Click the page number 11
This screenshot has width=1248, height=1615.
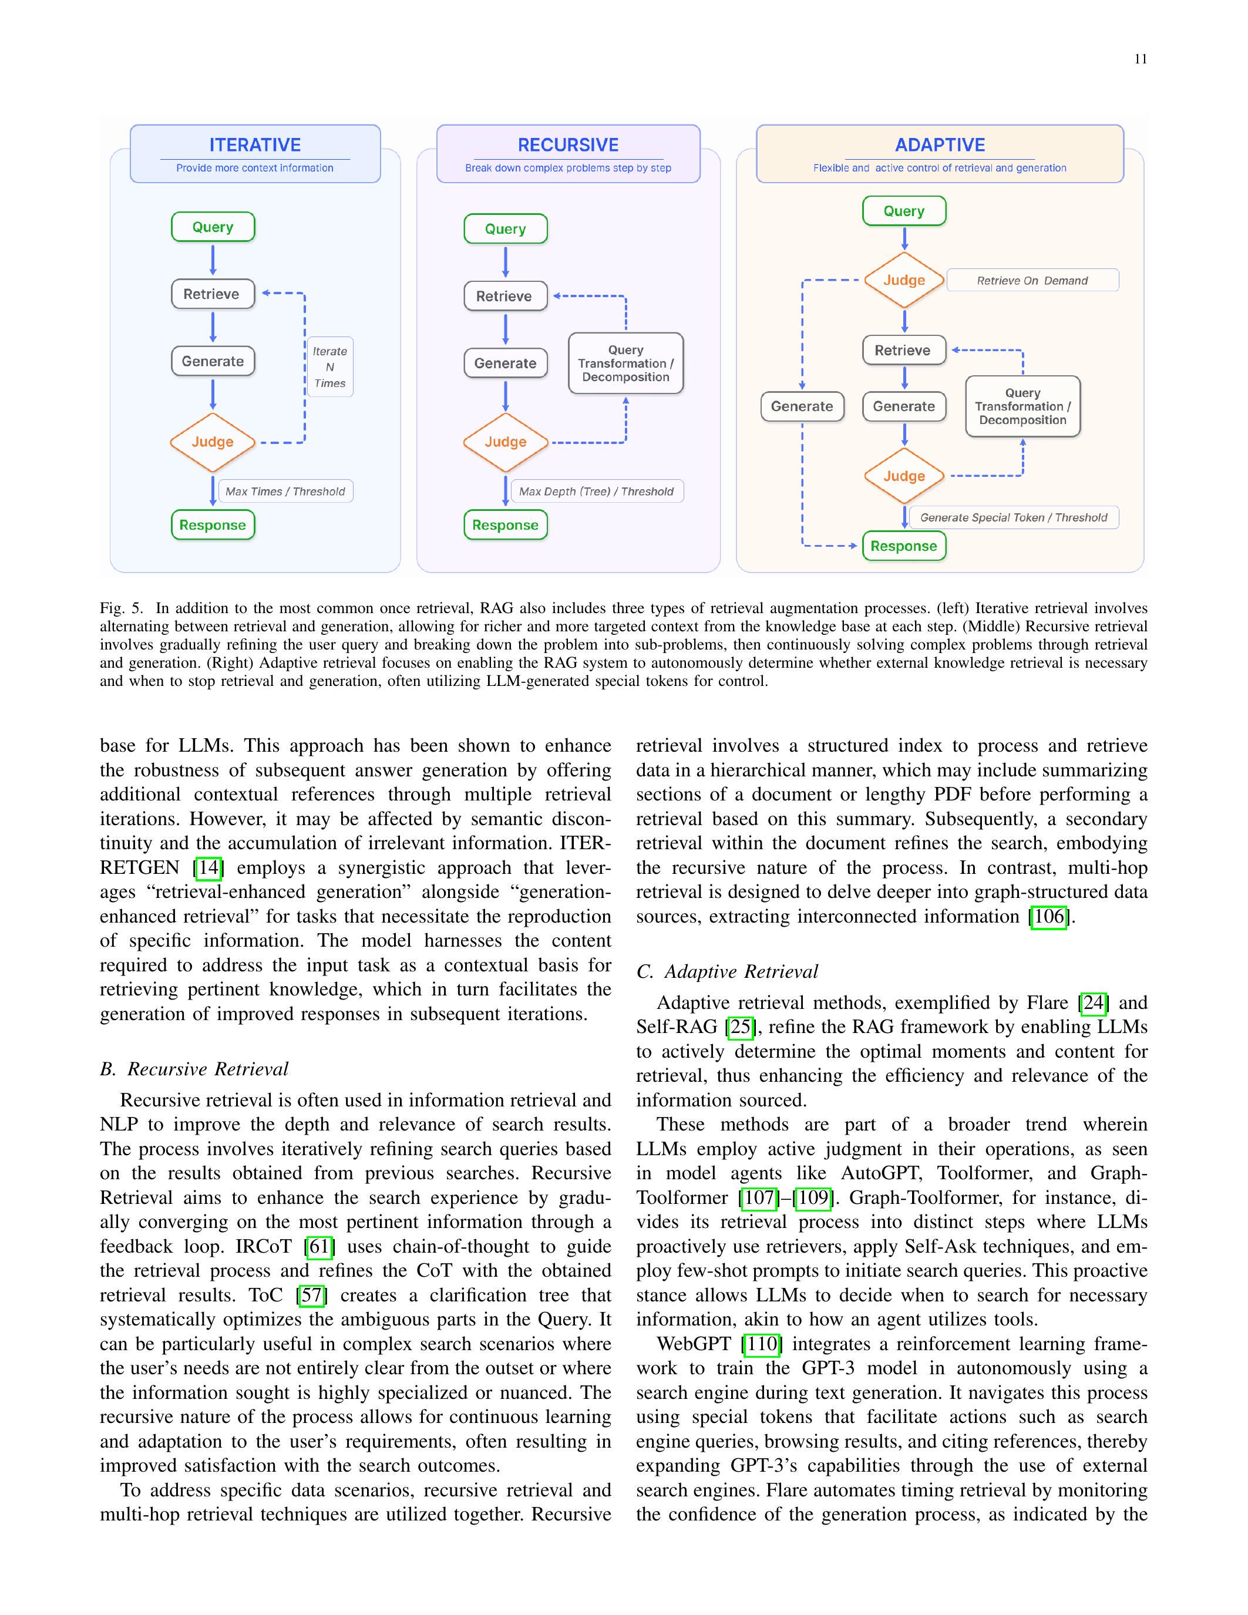1140,59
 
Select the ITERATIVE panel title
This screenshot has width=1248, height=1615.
255,145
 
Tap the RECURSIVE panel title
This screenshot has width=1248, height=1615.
568,145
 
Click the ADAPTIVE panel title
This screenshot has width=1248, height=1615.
940,145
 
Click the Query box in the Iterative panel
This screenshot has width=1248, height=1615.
213,227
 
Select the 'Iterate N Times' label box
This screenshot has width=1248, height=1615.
329,368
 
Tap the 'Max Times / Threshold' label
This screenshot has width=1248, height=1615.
285,492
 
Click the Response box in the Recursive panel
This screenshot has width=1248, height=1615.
506,525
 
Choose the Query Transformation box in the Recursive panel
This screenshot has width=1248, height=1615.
625,363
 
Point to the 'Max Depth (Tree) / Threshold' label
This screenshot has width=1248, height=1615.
596,492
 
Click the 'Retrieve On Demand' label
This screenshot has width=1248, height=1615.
1032,281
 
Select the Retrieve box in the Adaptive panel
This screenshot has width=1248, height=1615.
903,351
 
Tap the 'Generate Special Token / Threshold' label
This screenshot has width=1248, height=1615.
1014,517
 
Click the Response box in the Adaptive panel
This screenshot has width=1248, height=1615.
903,547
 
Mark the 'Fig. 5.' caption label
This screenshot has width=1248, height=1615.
121,608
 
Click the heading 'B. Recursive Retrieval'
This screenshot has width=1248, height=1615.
194,1069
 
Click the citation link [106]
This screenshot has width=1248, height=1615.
1048,917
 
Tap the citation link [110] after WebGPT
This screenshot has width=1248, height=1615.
762,1344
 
